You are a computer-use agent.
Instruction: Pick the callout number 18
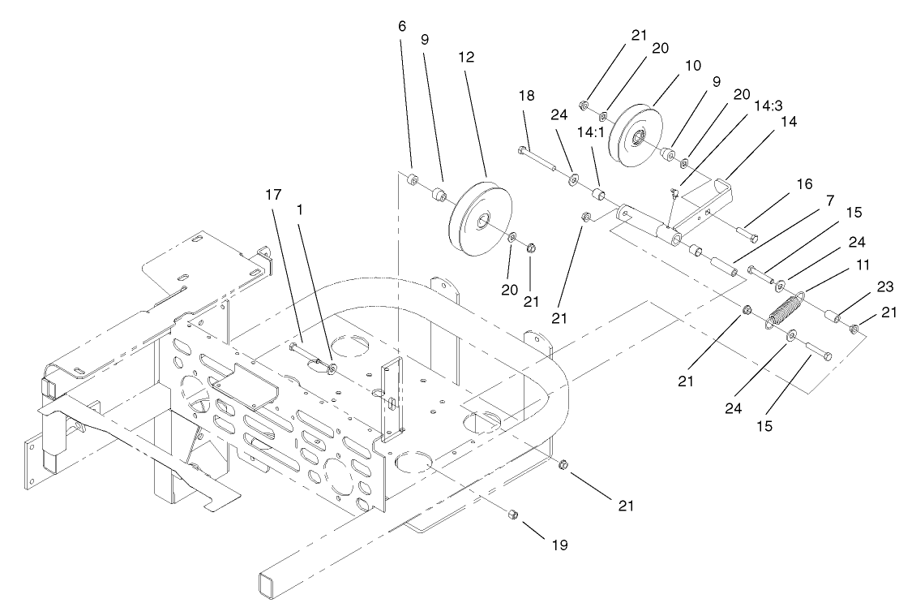click(527, 96)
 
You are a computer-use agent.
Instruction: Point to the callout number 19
click(558, 545)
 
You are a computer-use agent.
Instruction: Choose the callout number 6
click(402, 27)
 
